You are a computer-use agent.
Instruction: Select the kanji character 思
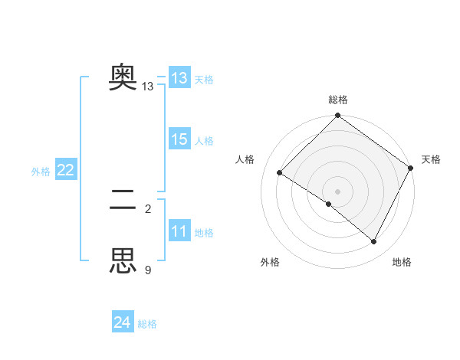[123, 260]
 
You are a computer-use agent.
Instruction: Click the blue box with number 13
[179, 78]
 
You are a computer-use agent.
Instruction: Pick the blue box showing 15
[179, 139]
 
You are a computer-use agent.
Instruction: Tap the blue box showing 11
[179, 231]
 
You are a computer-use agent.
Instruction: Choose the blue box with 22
[65, 170]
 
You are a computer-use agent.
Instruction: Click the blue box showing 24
[123, 322]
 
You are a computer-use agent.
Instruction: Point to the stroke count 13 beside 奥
[148, 87]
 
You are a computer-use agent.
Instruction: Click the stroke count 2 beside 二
[148, 208]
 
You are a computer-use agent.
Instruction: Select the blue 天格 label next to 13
[204, 79]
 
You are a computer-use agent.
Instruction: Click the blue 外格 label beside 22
[41, 172]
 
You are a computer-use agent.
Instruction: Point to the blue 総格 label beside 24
[147, 324]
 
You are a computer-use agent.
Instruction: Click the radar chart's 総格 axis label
[338, 100]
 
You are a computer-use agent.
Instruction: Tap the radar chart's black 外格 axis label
[270, 262]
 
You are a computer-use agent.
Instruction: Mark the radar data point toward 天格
[410, 168]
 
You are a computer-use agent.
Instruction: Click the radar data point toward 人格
[280, 173]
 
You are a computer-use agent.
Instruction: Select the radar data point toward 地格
[374, 242]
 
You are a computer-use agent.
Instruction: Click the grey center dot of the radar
[338, 191]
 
